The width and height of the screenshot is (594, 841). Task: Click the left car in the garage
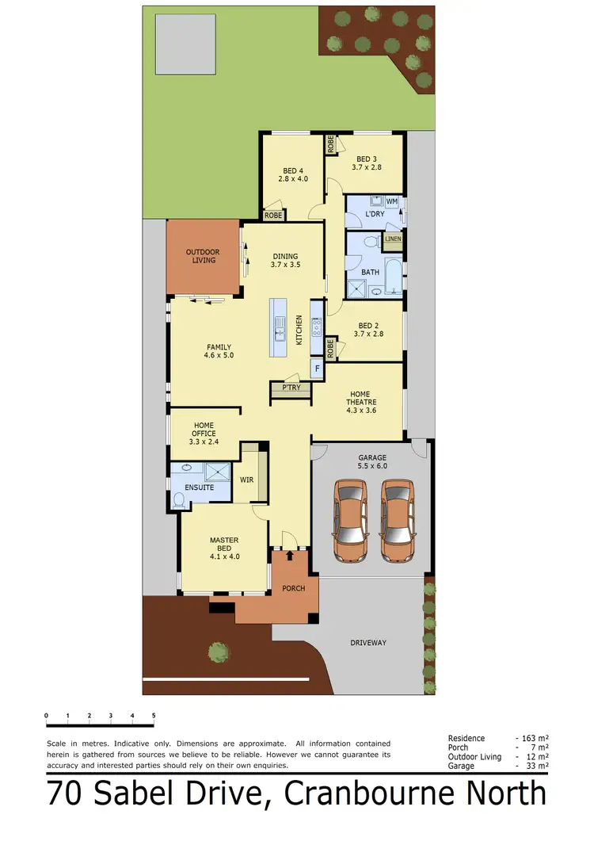[x=349, y=521]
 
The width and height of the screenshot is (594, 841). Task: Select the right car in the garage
[x=397, y=521]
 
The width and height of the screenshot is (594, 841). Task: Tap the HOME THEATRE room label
[x=360, y=401]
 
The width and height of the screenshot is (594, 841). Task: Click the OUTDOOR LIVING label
[x=203, y=256]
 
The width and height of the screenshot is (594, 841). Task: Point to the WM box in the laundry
[x=391, y=201]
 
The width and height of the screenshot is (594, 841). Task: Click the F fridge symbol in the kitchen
[x=317, y=369]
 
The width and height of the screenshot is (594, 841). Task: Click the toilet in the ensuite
[x=179, y=499]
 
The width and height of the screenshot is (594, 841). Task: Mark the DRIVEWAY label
[x=368, y=642]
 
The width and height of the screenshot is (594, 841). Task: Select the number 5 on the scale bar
[x=154, y=715]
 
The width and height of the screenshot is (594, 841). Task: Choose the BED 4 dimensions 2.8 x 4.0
[x=292, y=179]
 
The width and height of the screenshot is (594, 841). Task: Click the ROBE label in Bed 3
[x=329, y=145]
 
